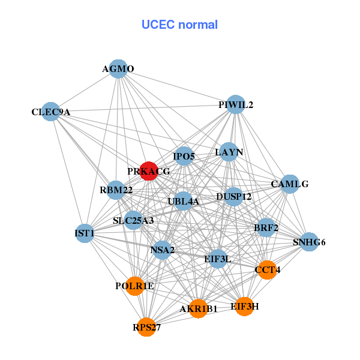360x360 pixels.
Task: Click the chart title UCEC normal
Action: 179,25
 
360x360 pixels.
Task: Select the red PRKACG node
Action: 148,171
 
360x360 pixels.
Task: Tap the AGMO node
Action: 118,69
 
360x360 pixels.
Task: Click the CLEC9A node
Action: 51,112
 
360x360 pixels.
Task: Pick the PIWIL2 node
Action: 236,104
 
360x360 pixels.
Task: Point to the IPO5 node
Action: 184,156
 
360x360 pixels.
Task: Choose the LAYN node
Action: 229,152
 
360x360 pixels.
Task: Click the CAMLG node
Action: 290,184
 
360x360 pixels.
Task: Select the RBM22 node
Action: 116,191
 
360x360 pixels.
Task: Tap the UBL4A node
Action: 183,200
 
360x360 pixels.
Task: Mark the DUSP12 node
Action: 233,196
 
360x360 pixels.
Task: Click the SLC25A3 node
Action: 133,220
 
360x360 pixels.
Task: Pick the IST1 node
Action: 85,233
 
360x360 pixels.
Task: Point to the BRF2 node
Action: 266,227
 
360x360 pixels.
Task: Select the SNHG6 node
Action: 309,242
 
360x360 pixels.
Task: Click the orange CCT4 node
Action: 267,270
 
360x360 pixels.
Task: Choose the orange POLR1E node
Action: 135,286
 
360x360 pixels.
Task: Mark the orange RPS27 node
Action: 147,327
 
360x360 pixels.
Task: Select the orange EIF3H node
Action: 244,306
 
